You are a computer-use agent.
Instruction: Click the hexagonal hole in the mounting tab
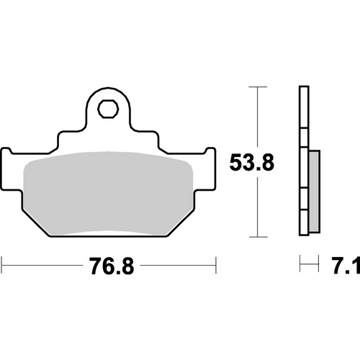(109, 109)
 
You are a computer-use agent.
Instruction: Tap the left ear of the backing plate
(9, 162)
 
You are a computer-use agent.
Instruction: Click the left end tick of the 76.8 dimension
(2, 264)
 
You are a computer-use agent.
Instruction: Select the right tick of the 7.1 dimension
(318, 264)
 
